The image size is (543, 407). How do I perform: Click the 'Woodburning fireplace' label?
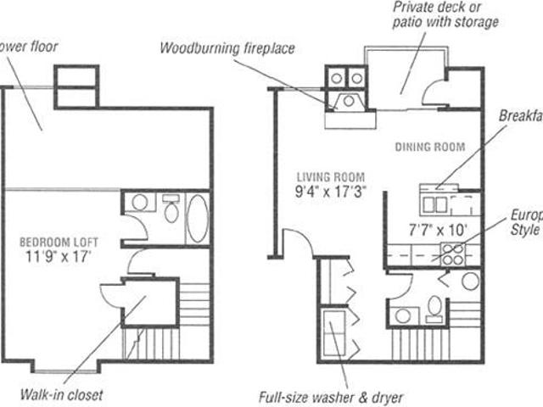pyautogui.click(x=227, y=47)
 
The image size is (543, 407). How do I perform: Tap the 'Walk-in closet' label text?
pyautogui.click(x=62, y=395)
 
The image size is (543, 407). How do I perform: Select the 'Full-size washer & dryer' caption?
pyautogui.click(x=330, y=396)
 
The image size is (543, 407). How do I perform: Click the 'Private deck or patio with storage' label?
pyautogui.click(x=444, y=14)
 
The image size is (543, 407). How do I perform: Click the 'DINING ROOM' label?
pyautogui.click(x=430, y=147)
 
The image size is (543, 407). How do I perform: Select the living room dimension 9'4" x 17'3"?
pyautogui.click(x=329, y=191)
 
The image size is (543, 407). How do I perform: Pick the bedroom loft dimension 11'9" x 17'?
pyautogui.click(x=57, y=253)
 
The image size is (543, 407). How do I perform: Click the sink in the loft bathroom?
pyautogui.click(x=141, y=203)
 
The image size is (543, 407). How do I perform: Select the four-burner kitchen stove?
pyautogui.click(x=451, y=252)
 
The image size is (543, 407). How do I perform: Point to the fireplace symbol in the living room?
pyautogui.click(x=348, y=103)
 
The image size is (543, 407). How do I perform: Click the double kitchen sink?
pyautogui.click(x=434, y=203)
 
